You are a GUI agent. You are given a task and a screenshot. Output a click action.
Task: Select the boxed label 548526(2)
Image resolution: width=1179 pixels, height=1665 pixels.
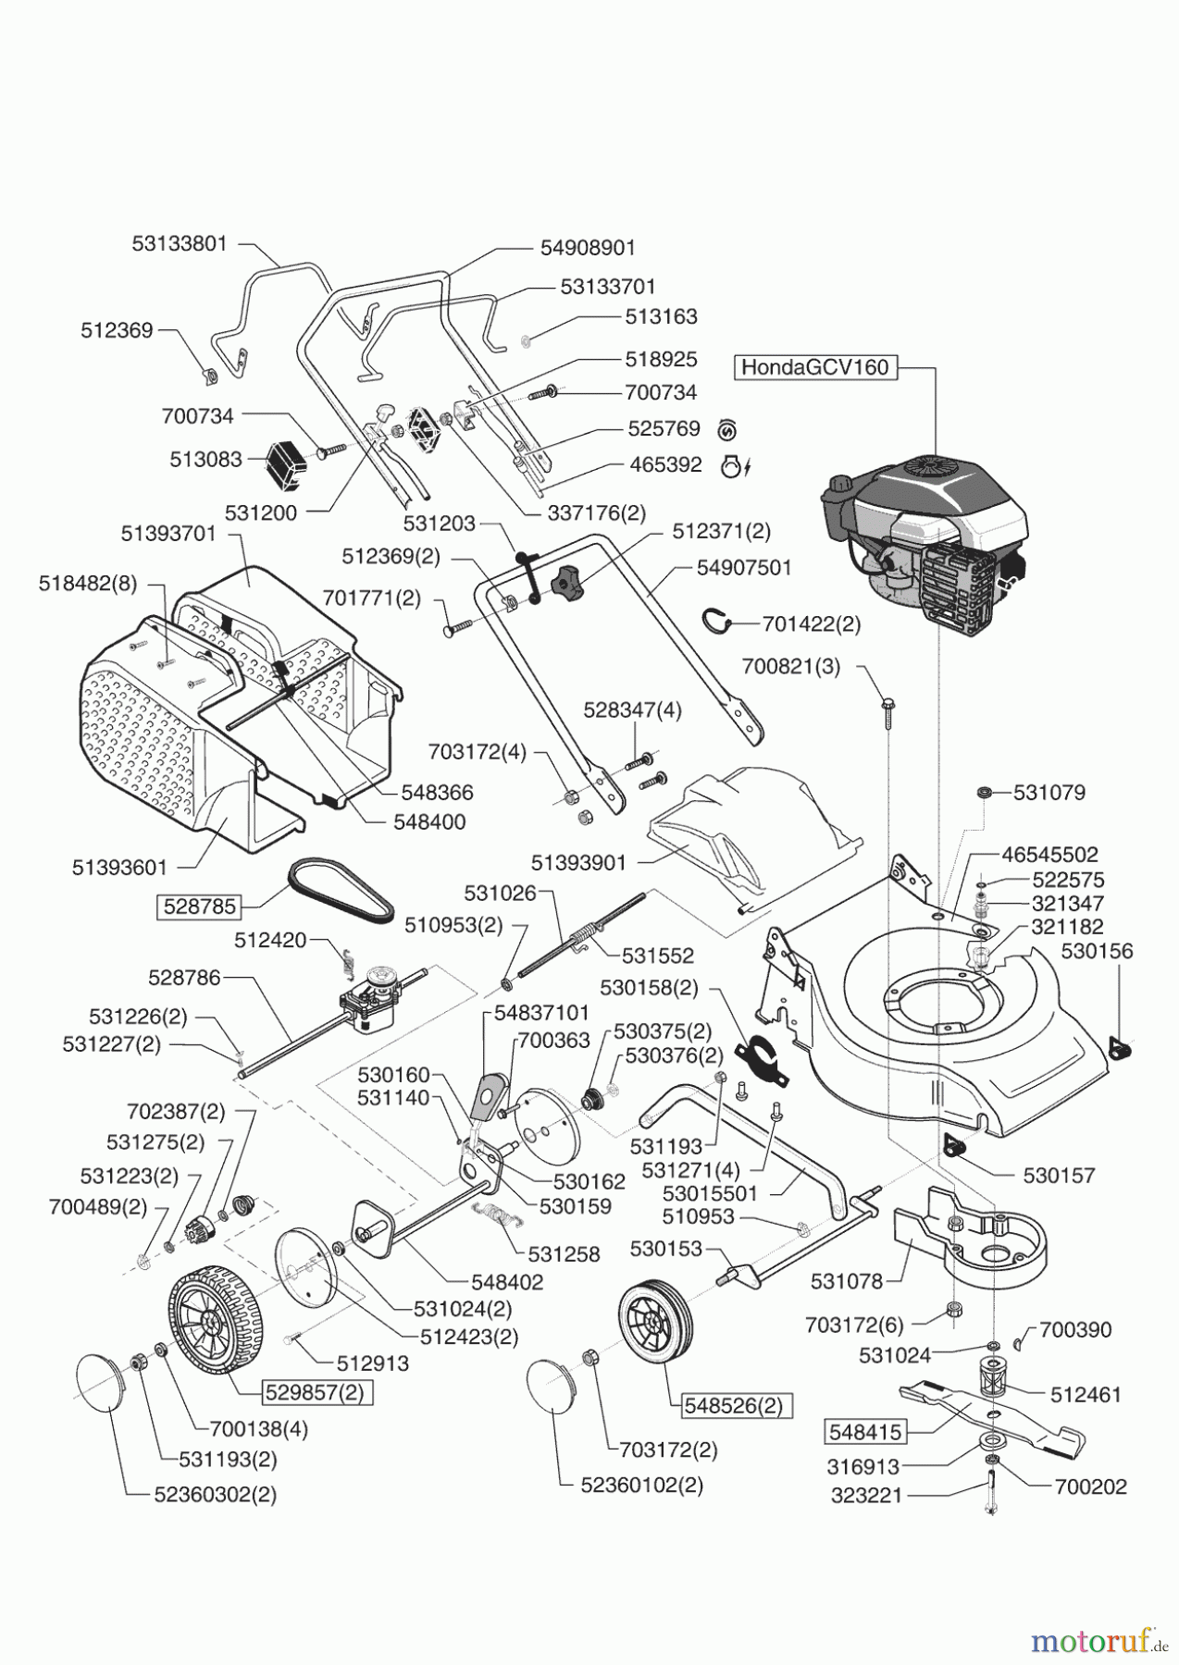tap(733, 1406)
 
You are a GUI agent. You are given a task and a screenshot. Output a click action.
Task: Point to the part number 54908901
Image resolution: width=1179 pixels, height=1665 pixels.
tap(588, 248)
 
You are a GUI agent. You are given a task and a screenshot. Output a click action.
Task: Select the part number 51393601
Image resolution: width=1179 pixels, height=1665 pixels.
tap(119, 868)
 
